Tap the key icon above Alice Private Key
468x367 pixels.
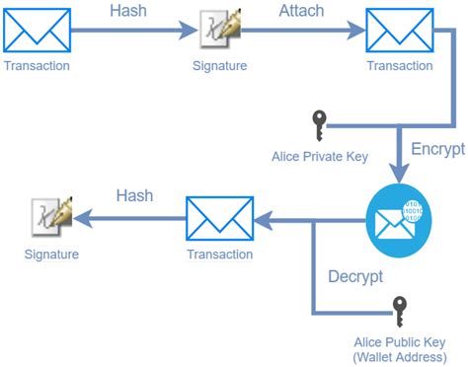click(x=318, y=126)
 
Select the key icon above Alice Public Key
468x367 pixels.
click(x=399, y=311)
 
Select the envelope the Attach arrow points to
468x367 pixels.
click(x=399, y=31)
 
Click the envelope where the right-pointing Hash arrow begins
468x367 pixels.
click(x=37, y=31)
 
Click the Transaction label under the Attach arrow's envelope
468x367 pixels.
click(x=399, y=66)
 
